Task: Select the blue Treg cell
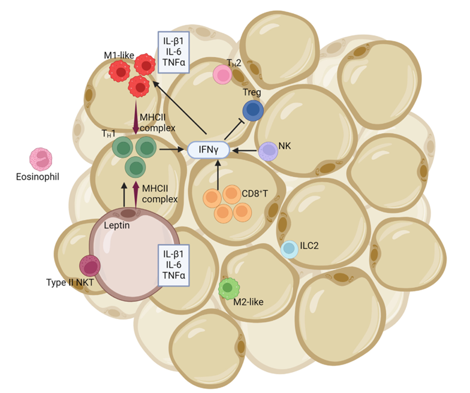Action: (x=254, y=110)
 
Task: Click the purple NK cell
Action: (x=268, y=150)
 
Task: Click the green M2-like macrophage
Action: (x=228, y=289)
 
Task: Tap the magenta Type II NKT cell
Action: (x=90, y=265)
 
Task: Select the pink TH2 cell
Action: (x=223, y=75)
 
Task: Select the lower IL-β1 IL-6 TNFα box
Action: (x=174, y=265)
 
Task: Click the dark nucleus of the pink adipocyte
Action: (x=128, y=213)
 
